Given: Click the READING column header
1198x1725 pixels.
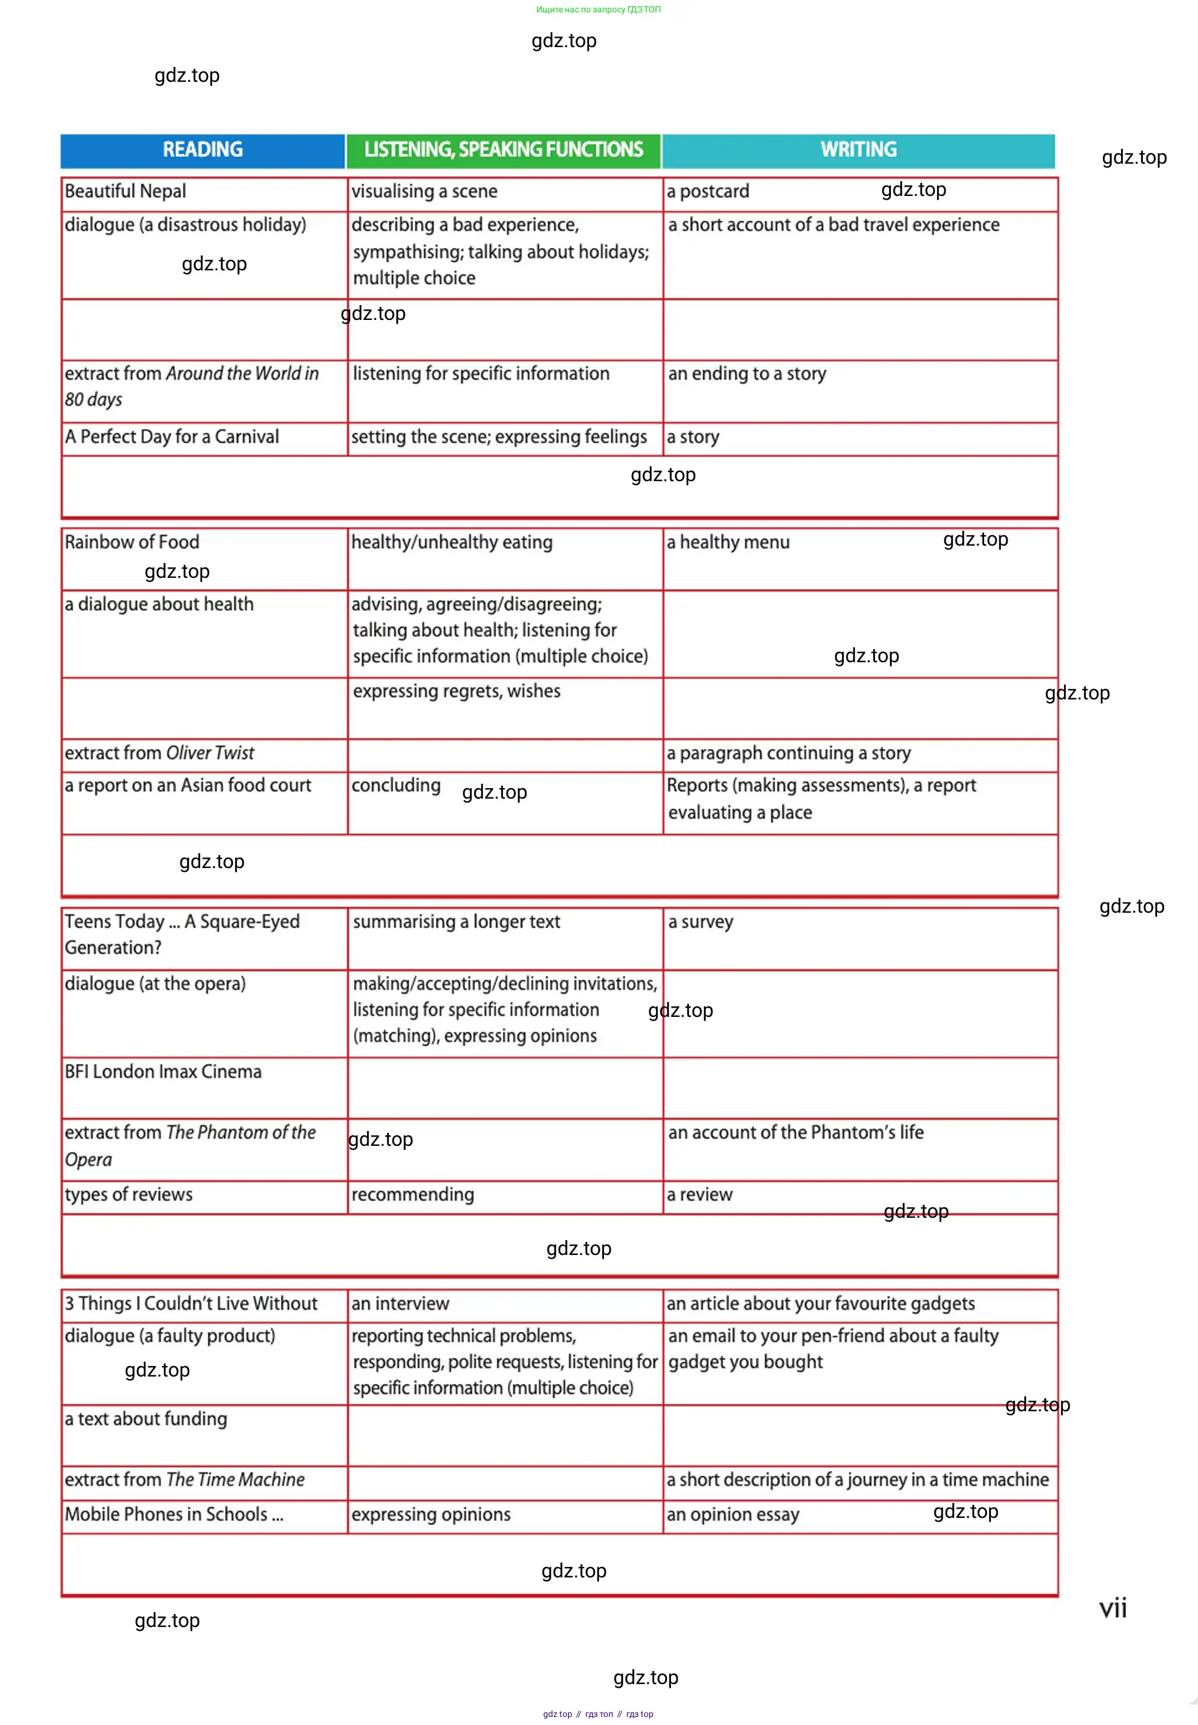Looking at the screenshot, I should coord(203,150).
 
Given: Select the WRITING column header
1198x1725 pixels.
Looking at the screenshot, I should coord(858,150).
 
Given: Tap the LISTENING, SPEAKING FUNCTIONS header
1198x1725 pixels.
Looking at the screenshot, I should coord(503,150).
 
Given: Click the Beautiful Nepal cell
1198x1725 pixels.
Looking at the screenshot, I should coord(125,192).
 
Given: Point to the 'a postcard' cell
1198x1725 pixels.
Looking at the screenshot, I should coord(708,192).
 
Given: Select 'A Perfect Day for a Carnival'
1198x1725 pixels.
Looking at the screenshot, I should coord(172,437).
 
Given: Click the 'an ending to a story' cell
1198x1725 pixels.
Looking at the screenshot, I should coord(747,374).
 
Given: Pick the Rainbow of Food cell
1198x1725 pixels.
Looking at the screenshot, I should coord(132,542).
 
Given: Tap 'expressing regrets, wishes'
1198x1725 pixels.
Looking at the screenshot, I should coord(456,691).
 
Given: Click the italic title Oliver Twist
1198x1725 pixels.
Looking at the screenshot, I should coord(210,753).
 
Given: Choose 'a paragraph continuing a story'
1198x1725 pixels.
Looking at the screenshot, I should coord(788,753).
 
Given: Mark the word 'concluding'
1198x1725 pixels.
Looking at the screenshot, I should coord(396,785).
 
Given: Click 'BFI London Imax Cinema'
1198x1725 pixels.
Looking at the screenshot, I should coord(163,1071).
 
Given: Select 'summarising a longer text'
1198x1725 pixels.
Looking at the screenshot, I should coord(456,922).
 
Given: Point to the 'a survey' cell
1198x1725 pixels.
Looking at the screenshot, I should coord(700,922).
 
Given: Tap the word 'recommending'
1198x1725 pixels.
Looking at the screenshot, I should coord(413,1194).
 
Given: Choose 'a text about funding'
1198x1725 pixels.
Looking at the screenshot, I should coord(146,1419).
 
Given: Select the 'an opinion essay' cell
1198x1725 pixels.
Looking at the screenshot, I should coord(732,1514).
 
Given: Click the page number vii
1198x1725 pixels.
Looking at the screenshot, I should coord(1112,1608).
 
